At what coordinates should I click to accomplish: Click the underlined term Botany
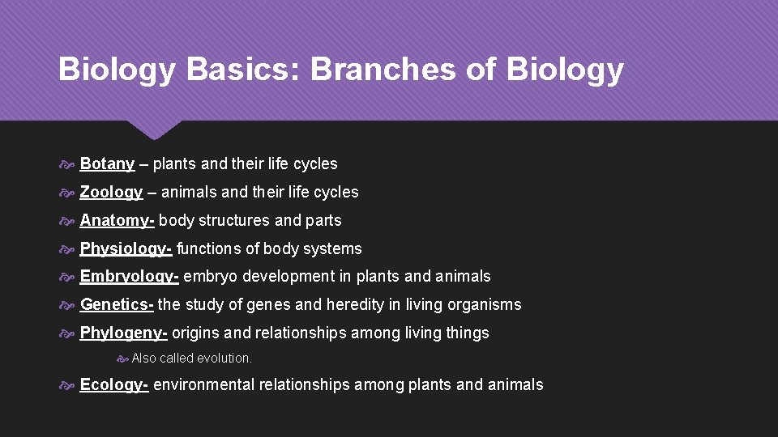click(x=107, y=164)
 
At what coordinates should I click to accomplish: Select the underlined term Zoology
click(x=111, y=193)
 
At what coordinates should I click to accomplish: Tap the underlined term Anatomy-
click(x=117, y=221)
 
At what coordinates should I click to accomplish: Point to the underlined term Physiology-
click(x=126, y=249)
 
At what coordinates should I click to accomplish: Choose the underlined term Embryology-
click(x=129, y=277)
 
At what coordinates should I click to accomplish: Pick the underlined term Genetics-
click(x=117, y=305)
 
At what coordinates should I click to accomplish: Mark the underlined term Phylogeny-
click(x=123, y=333)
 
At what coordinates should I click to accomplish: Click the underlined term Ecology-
click(x=113, y=385)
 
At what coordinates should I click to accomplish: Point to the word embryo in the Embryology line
click(x=208, y=277)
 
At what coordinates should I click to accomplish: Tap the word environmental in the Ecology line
click(x=203, y=385)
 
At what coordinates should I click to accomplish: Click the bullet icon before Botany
click(x=67, y=164)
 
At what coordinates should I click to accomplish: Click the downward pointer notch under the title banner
click(x=153, y=129)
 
